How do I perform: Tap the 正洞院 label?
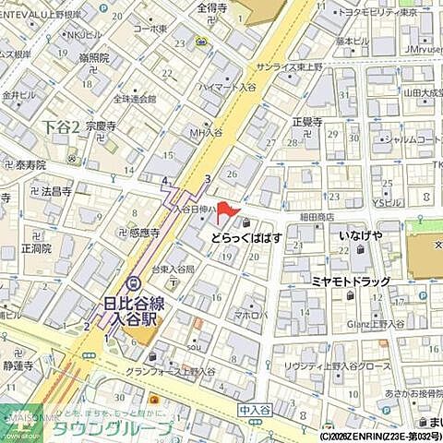pos(34,249)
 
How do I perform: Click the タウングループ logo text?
pos(111,429)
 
